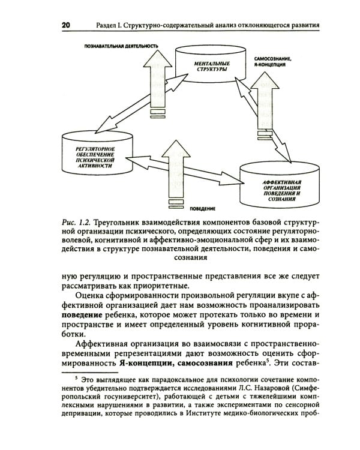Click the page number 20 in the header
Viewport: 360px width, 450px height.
pos(65,25)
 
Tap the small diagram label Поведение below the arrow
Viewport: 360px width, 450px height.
pos(203,208)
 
